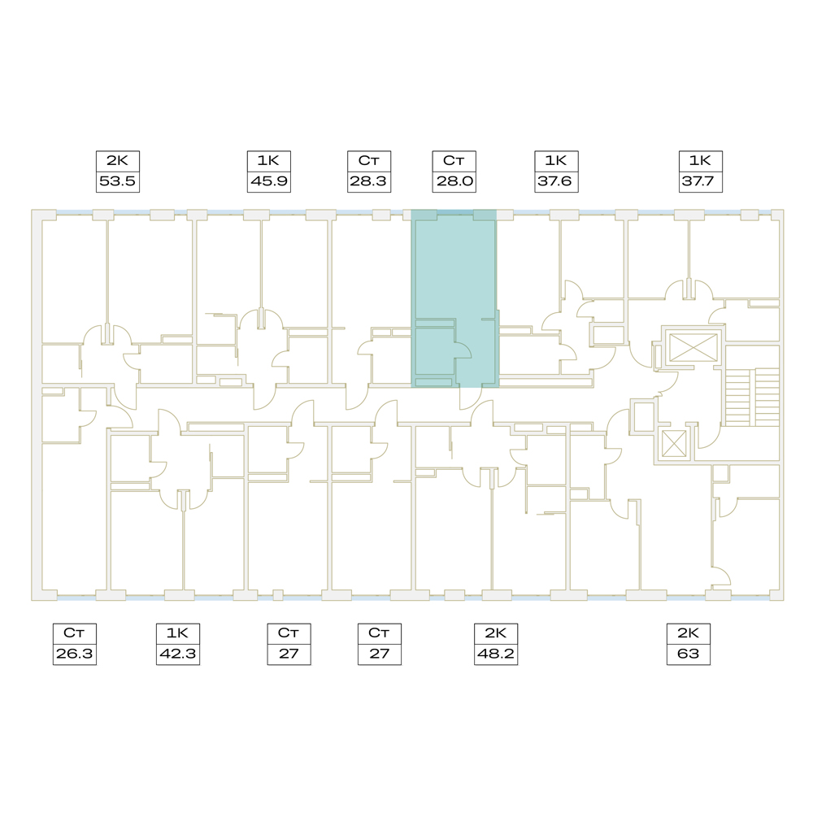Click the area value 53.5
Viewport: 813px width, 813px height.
pos(117,181)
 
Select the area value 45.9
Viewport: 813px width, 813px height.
pos(268,181)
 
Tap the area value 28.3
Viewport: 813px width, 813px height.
pos(368,181)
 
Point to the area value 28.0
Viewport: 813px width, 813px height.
pos(454,181)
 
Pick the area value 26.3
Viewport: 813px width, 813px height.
pos(74,654)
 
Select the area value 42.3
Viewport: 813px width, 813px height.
pos(177,654)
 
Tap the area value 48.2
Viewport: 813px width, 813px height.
pos(496,654)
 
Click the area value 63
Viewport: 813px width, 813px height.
pos(688,654)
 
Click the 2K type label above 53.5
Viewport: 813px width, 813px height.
pos(117,161)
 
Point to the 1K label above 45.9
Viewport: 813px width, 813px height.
pos(268,161)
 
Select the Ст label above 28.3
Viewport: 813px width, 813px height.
pos(368,161)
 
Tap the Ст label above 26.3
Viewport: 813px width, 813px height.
pos(74,633)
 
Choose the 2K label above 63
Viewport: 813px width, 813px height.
pos(688,633)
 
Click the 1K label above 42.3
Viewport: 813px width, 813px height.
pos(177,633)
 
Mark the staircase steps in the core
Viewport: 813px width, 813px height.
pos(752,398)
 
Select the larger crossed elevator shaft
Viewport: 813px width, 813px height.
pos(693,347)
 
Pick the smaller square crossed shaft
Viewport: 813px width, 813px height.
pos(674,444)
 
